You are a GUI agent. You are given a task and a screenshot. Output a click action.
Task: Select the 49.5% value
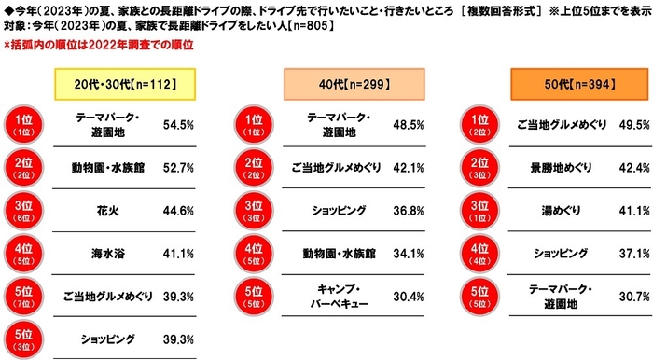point(620,123)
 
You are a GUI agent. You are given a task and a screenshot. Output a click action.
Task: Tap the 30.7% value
point(620,297)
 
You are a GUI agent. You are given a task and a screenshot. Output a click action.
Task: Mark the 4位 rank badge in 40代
point(255,253)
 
